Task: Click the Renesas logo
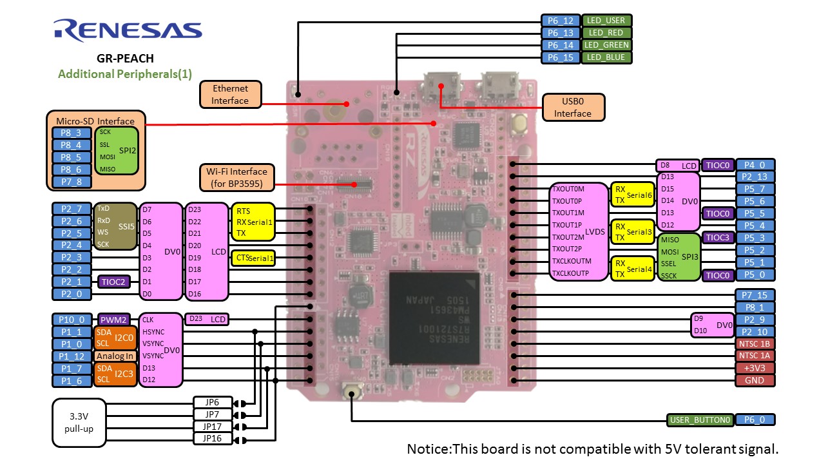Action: [128, 30]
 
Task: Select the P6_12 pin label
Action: [561, 21]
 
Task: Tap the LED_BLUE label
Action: [606, 57]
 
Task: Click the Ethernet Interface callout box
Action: [230, 94]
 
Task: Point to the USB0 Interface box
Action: [573, 107]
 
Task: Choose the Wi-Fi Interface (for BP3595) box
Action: [236, 177]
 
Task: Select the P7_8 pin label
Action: [71, 182]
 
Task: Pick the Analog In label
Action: [115, 356]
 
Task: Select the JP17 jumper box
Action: [212, 427]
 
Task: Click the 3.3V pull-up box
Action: [79, 423]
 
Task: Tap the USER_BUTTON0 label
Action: [700, 420]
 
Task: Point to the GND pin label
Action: [755, 380]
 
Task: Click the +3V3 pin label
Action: [755, 368]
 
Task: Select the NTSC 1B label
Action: [755, 343]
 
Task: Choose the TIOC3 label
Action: [717, 238]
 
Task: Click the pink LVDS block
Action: [579, 231]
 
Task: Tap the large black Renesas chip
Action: [434, 316]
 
